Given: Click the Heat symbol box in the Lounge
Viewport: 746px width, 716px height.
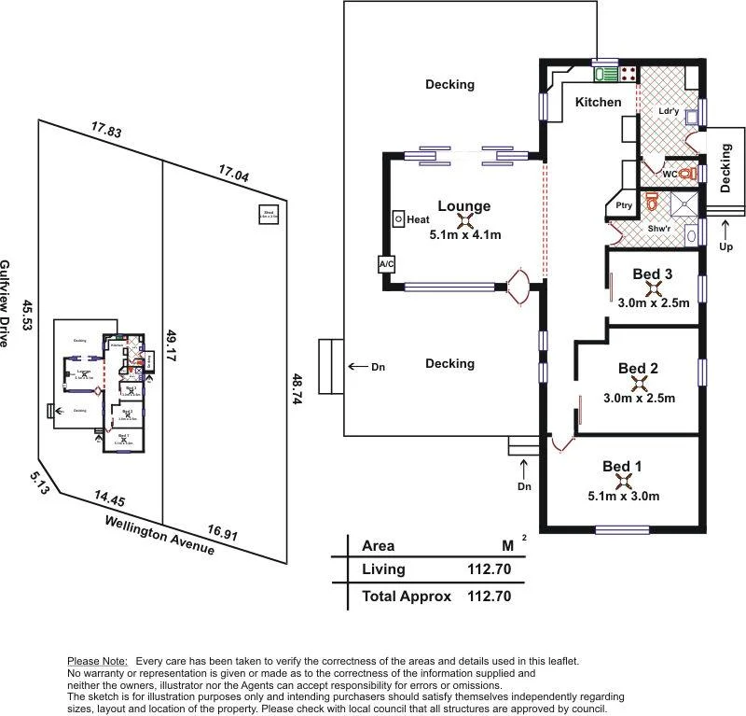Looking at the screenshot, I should [398, 219].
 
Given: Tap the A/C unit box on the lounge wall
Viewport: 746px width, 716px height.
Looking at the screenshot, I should [386, 264].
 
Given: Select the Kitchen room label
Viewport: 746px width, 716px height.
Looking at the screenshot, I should [598, 102].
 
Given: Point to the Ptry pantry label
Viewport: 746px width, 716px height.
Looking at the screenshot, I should [624, 205].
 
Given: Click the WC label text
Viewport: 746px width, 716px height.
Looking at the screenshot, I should [670, 175].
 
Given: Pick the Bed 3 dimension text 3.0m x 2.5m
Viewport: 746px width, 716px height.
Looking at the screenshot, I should [653, 302].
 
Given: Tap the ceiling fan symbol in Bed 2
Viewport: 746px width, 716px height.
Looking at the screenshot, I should [639, 382].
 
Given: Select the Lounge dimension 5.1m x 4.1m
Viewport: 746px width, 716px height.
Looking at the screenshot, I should [465, 235].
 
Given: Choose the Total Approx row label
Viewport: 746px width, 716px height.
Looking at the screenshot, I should [407, 597].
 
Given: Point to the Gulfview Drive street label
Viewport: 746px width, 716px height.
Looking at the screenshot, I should [7, 304].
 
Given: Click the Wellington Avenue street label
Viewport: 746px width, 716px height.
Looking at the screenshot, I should [159, 536].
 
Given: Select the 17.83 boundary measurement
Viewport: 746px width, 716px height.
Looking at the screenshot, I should [105, 132].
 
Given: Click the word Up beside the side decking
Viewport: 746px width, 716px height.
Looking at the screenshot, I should [726, 248].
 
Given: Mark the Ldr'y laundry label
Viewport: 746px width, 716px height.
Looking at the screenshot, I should [668, 111].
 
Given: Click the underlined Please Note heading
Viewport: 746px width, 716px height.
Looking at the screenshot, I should [98, 661].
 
